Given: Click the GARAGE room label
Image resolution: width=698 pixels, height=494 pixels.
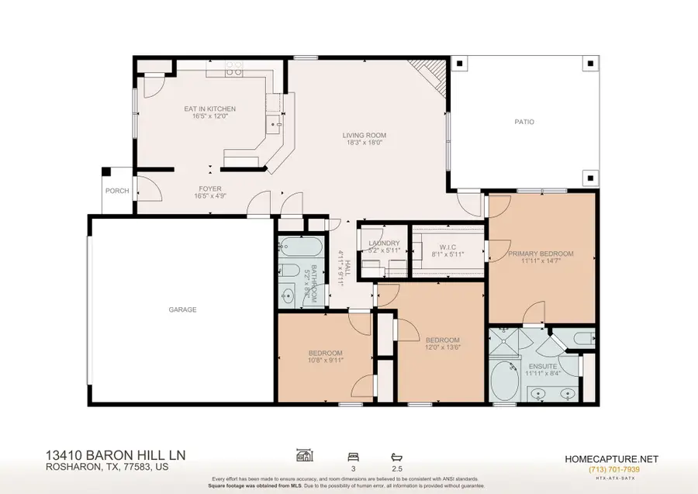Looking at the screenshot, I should [x=183, y=309].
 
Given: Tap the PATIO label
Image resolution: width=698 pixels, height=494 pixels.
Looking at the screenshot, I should [x=524, y=122].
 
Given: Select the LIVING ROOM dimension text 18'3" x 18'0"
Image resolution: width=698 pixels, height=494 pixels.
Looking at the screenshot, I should [x=365, y=143].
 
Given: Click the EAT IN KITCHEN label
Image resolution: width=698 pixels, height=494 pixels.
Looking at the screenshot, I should [x=209, y=109].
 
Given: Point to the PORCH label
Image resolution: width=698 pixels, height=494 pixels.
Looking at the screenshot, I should [x=117, y=191].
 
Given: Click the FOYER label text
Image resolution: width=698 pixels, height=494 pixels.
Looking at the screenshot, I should [x=209, y=188].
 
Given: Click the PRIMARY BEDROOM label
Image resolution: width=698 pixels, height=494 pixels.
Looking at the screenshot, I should [x=541, y=254].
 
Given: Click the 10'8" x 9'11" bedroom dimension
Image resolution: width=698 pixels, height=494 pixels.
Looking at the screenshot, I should [x=327, y=360].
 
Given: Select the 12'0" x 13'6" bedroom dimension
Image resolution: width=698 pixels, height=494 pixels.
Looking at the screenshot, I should [x=441, y=348].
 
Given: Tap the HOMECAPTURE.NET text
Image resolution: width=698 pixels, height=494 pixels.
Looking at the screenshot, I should [x=613, y=458].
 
